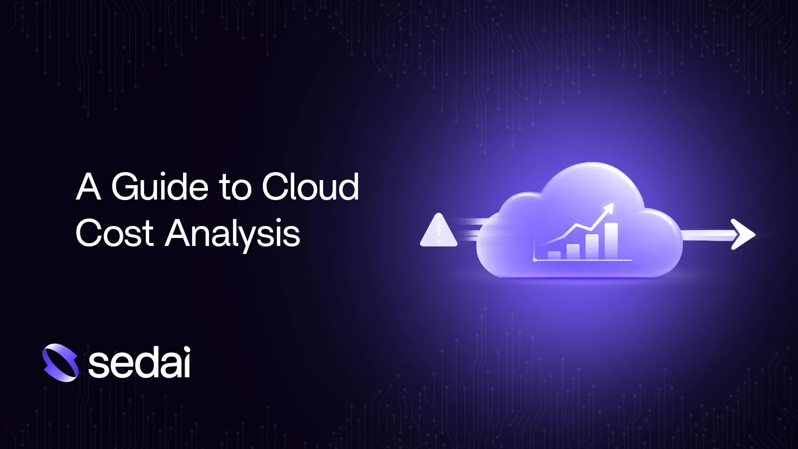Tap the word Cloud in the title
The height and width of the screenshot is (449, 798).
pos(310,187)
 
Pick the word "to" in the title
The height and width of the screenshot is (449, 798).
pos(235,188)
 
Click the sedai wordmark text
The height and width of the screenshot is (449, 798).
pos(139,363)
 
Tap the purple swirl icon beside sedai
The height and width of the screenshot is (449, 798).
pos(60,363)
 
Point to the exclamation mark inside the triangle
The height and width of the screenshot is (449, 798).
pos(439,232)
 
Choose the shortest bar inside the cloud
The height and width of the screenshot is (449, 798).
pos(554,255)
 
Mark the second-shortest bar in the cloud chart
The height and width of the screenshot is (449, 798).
pos(573,251)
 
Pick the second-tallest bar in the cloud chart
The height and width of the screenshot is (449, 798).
pos(592,246)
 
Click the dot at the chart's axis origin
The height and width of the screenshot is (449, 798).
pos(535,259)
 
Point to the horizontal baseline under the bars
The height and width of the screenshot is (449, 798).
pos(584,260)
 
